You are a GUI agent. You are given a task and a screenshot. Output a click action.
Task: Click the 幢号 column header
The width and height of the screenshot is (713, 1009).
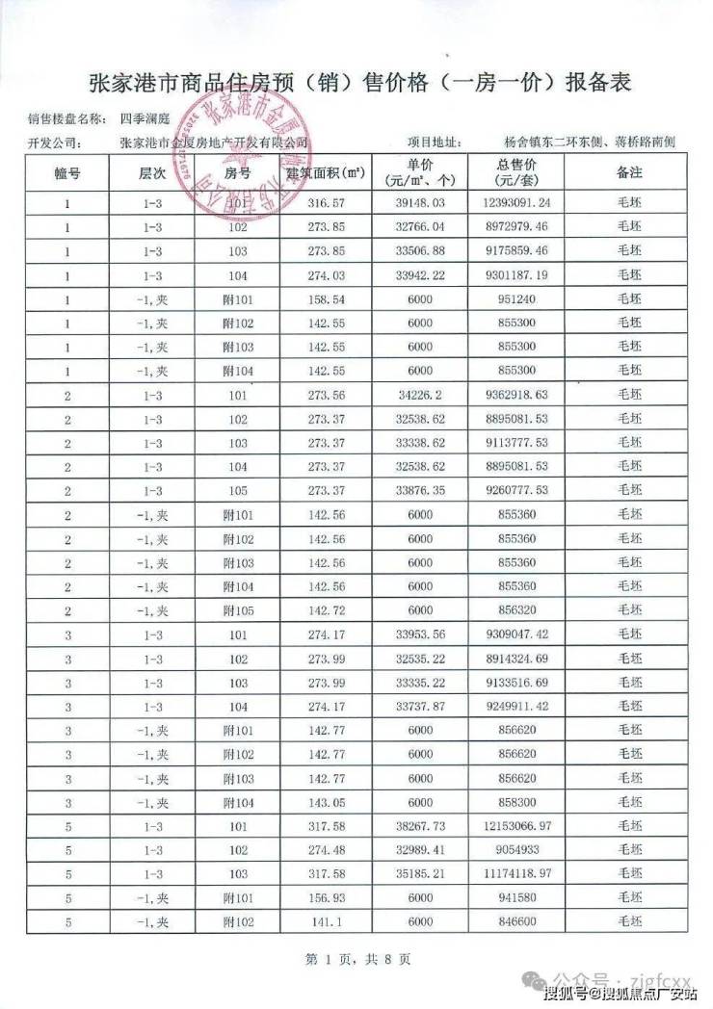coord(67,172)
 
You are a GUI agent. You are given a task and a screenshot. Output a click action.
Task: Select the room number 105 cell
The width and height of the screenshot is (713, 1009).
coord(238,489)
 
